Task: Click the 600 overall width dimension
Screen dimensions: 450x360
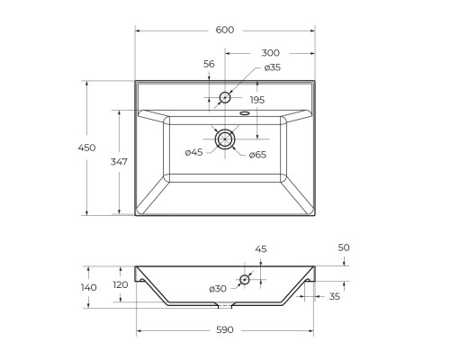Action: tap(225, 30)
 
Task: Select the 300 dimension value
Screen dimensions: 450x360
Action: tap(270, 53)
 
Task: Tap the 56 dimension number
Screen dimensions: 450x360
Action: tap(209, 64)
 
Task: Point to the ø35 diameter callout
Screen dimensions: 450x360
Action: tap(273, 67)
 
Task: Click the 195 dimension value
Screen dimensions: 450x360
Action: tap(257, 100)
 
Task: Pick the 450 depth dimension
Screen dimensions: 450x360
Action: tap(86, 148)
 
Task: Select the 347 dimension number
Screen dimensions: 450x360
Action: tap(119, 162)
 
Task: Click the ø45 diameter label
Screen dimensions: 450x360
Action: tap(193, 152)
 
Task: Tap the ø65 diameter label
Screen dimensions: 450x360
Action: tap(257, 155)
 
